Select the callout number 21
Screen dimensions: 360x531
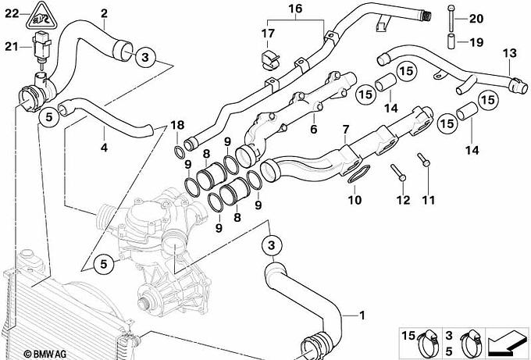point(11,48)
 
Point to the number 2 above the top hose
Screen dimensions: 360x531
point(105,12)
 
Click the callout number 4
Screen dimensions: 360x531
point(104,146)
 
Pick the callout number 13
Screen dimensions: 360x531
point(509,53)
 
